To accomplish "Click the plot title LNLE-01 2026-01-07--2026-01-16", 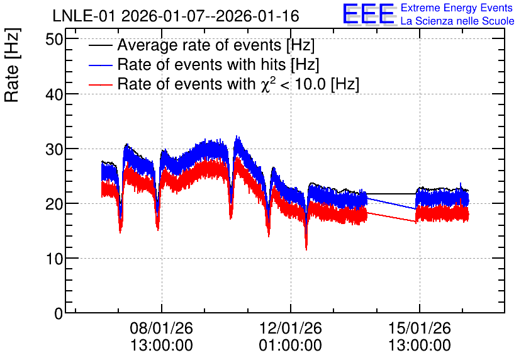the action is coord(176,16).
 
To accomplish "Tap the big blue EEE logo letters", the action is coord(369,14).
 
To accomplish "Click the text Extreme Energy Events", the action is coord(457,8).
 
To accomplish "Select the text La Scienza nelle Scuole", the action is coord(457,21).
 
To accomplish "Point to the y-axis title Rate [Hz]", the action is coord(12,65).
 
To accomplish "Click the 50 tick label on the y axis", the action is coord(54,40).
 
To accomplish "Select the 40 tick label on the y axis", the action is coord(54,94).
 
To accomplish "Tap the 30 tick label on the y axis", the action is coord(54,149).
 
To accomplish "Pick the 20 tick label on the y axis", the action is coord(54,204).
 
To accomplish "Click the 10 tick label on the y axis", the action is coord(54,259).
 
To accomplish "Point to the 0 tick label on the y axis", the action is coord(59,313).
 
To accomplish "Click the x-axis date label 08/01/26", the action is coord(161,328).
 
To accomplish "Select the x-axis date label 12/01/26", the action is coord(291,328).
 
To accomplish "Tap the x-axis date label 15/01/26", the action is coord(419,328).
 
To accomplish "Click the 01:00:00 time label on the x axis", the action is coord(291,345).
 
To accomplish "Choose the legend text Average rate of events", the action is coord(199,45).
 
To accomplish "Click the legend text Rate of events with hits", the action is coord(201,64).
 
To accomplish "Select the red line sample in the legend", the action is coord(100,84).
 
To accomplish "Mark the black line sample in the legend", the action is coord(100,45).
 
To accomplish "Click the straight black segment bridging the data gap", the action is coord(391,194).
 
